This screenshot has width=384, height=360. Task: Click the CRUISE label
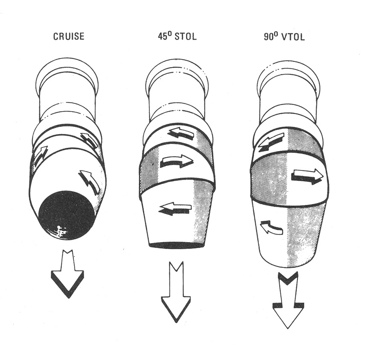pyautogui.click(x=69, y=36)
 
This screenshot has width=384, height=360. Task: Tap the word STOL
pyautogui.click(x=186, y=36)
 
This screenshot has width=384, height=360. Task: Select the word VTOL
pyautogui.click(x=293, y=37)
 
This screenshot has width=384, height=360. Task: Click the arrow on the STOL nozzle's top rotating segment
pyautogui.click(x=181, y=134)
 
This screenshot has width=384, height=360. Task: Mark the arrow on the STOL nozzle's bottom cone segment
pyautogui.click(x=175, y=209)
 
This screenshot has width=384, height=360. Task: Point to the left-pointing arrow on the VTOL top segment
pyautogui.click(x=271, y=141)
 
